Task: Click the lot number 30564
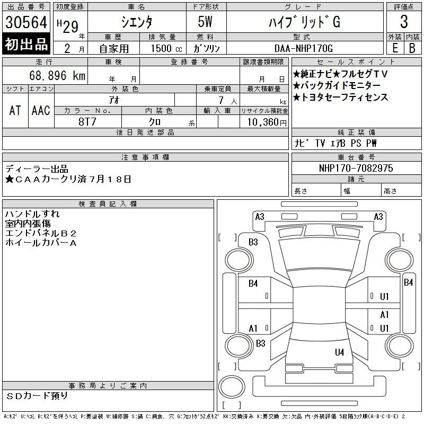point(26,22)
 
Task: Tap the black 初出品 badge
point(26,44)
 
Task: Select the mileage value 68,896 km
point(57,75)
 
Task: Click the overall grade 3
point(404,22)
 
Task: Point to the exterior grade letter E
point(395,48)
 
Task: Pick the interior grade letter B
point(412,48)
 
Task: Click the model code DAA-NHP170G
point(303,48)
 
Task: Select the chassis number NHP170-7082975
point(356,168)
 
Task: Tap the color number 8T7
point(87,122)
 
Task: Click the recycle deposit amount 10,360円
point(267,122)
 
